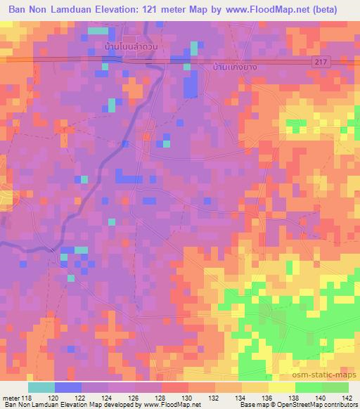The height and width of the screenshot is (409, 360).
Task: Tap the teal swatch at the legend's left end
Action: click(41, 387)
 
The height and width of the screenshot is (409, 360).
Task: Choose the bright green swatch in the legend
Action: click(308, 387)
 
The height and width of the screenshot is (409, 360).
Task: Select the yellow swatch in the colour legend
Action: click(282, 387)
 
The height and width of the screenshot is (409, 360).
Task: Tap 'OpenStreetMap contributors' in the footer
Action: click(316, 405)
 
